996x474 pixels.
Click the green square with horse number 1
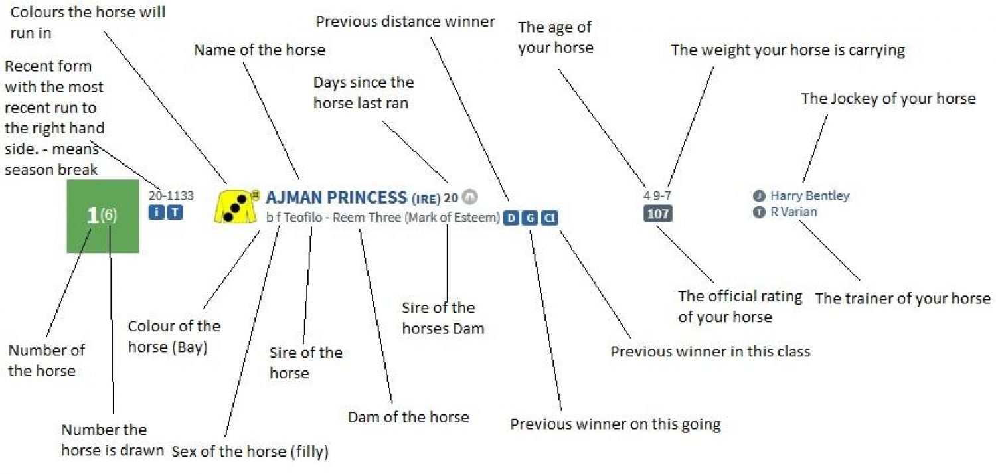coord(103,216)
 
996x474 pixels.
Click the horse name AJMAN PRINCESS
coord(336,197)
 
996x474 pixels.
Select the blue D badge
coord(511,218)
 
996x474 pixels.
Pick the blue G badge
coord(530,218)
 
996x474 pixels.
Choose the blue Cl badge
coord(550,218)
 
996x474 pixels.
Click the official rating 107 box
coord(657,214)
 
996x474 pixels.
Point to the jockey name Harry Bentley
coord(809,196)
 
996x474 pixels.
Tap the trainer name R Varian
coord(793,212)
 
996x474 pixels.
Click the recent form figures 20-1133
coord(171,196)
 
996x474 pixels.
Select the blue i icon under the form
coord(156,212)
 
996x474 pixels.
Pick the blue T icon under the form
coord(175,212)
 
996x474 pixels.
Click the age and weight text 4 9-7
coord(657,195)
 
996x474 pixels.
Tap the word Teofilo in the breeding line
coord(303,218)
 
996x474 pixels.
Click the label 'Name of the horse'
coord(259,50)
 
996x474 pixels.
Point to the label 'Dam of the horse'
coord(408,417)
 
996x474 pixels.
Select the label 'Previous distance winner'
coord(405,21)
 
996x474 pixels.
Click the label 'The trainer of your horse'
coord(903,298)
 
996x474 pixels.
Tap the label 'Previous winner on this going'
coord(616,424)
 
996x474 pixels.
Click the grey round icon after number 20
coord(469,197)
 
